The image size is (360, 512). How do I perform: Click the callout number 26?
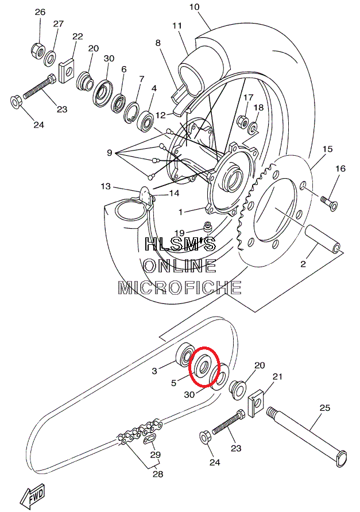[x=40, y=13]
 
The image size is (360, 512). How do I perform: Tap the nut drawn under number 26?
[x=37, y=50]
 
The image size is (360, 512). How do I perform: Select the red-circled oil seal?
[x=203, y=365]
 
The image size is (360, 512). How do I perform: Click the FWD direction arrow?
[x=32, y=495]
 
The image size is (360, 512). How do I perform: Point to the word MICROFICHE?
[x=180, y=287]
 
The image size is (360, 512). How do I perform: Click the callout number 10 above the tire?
[x=194, y=7]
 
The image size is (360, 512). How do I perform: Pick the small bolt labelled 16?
[x=330, y=202]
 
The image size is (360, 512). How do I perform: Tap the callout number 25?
[x=325, y=408]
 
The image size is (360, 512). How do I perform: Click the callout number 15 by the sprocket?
[x=327, y=149]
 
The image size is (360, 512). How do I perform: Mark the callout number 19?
[x=180, y=233]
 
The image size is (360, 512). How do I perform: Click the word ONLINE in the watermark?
[x=180, y=265]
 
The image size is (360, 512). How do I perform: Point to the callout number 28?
[x=158, y=474]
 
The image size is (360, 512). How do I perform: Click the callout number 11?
[x=177, y=26]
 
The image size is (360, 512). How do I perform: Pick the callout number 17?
[x=248, y=98]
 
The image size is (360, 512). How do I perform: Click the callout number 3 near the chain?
[x=154, y=371]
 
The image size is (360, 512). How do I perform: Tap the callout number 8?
[x=158, y=43]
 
